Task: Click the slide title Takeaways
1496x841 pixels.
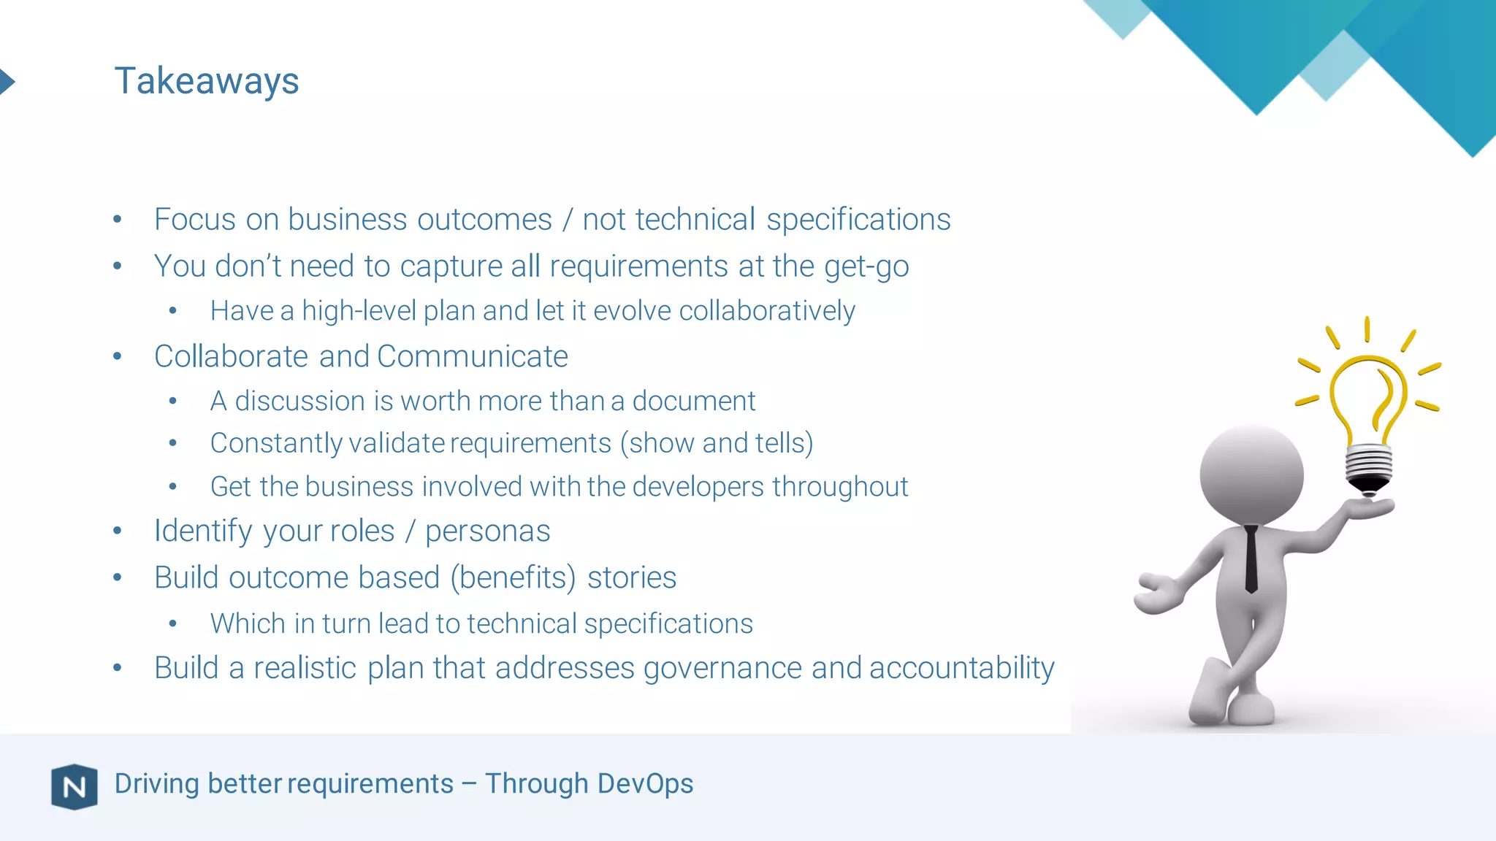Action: click(x=207, y=81)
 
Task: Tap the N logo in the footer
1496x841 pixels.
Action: click(x=75, y=786)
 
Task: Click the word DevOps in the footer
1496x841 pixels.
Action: click(x=644, y=783)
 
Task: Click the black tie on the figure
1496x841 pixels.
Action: click(x=1251, y=558)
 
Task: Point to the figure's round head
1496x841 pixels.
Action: click(x=1251, y=474)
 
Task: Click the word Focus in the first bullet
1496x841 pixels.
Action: click(x=194, y=220)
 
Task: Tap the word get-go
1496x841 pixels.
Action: click(x=866, y=267)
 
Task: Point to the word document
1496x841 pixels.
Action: click(x=693, y=402)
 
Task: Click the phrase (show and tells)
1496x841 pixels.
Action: click(x=717, y=443)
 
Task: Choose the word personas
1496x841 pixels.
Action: click(x=487, y=531)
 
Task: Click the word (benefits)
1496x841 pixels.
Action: click(x=514, y=578)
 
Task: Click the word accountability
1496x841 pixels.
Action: click(x=961, y=669)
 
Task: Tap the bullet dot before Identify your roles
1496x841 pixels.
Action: click(x=118, y=531)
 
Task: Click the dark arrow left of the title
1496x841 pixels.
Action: click(x=7, y=81)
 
